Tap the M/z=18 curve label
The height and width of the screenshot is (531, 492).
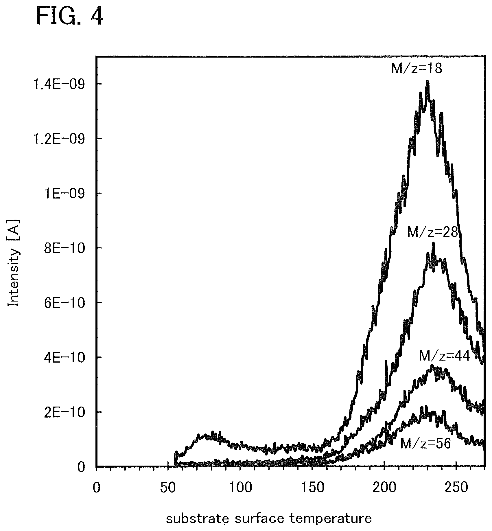417,69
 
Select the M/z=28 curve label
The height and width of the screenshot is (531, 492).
433,232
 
